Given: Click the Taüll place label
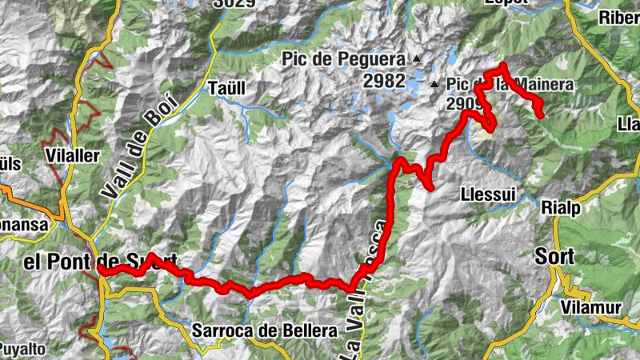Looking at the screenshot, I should tap(224, 88).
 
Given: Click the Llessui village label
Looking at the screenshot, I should tap(487, 194).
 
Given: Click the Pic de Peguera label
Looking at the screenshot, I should tap(344, 60).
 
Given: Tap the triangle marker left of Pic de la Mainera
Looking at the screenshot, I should tap(434, 84).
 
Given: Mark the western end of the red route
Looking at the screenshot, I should tap(102, 270).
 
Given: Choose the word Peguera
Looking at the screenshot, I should tap(375, 60).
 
